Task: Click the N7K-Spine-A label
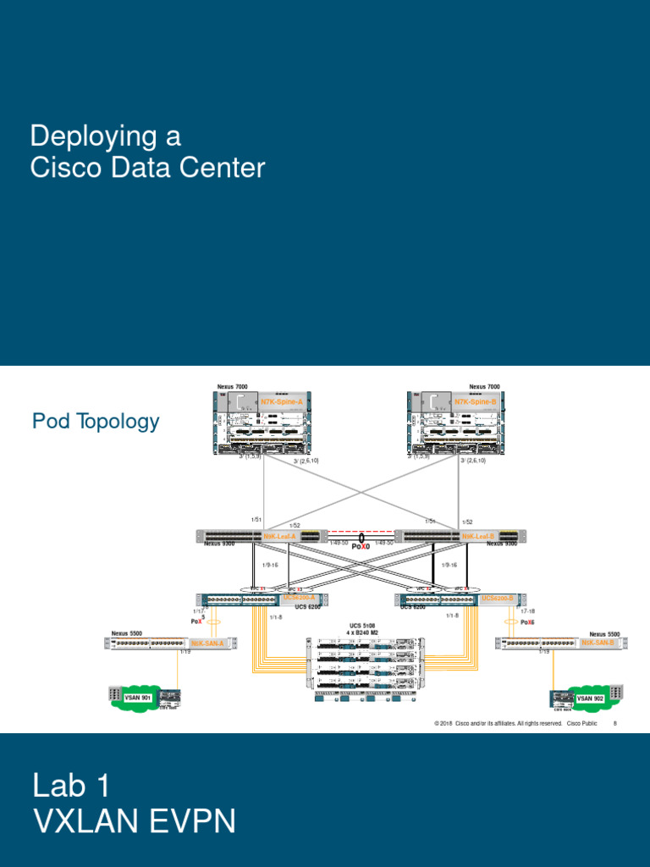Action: click(281, 401)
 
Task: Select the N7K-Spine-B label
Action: click(475, 401)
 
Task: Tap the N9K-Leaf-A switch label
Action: click(279, 536)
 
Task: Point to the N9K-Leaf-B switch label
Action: click(478, 536)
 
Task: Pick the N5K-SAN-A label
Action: click(207, 643)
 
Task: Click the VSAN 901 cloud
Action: click(135, 698)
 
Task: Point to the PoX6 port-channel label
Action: click(527, 622)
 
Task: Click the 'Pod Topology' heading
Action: click(96, 422)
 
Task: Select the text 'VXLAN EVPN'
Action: click(134, 821)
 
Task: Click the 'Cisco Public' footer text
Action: click(581, 724)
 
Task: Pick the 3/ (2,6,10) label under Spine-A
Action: click(306, 461)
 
